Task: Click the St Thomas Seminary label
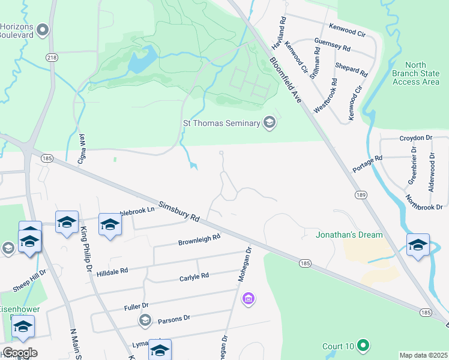point(221,124)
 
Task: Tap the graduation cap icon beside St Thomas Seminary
point(270,123)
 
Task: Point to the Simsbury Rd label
point(179,211)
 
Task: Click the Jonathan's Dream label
point(349,235)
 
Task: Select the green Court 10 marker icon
point(362,346)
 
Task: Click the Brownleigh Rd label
point(199,239)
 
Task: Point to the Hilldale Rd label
point(112,272)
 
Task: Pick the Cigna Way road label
point(82,149)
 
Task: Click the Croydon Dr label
point(415,138)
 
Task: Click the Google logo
point(19,353)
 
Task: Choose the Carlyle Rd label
point(194,277)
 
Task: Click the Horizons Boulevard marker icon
point(42,29)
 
